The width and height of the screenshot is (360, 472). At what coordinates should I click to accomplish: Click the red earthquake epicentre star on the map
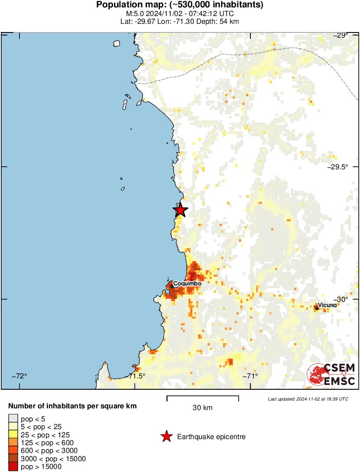pos(180,210)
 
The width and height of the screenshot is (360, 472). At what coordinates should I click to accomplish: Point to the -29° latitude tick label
pos(347,35)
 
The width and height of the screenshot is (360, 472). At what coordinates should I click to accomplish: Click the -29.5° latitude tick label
pos(344,167)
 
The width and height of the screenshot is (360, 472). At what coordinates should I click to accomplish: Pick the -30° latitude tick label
pos(347,299)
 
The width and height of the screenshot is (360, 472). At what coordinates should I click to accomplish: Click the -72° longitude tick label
pos(19,376)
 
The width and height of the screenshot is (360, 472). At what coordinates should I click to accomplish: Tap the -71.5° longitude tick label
pos(137,376)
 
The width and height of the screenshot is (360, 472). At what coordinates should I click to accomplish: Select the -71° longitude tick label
pos(251,376)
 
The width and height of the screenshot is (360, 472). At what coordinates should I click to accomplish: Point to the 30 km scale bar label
pos(202,408)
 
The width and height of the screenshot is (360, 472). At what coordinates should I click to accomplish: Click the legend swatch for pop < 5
pos(13,418)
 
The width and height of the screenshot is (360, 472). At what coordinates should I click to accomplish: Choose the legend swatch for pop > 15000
pos(13,467)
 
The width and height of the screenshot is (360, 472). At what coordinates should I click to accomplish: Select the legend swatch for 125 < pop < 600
pos(13,443)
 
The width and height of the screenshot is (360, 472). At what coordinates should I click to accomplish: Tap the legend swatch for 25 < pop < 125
pos(13,434)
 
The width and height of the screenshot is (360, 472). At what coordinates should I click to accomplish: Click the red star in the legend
pos(166,437)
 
